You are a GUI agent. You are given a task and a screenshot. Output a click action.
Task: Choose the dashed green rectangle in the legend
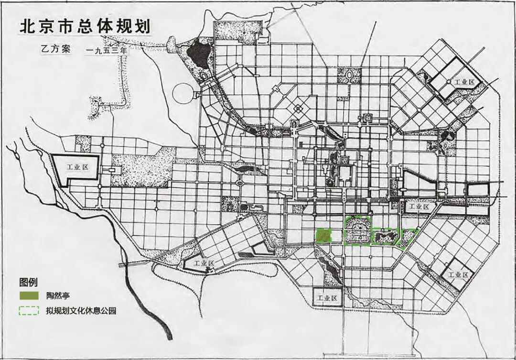[x=29, y=311]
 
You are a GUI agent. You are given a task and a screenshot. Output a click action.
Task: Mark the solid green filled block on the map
[x=324, y=235]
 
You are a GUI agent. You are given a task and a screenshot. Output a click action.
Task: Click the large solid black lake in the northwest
[x=198, y=54]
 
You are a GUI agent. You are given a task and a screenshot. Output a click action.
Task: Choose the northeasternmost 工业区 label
[x=464, y=82]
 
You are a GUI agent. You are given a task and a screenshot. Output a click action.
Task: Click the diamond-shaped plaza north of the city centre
[x=298, y=109]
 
